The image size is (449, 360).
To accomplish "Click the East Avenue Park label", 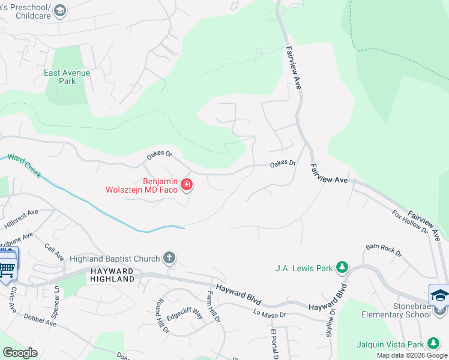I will [x=67, y=77].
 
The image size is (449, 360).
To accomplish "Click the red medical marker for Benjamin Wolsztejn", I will [x=187, y=184].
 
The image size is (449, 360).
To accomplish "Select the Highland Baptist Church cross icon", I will [x=169, y=259].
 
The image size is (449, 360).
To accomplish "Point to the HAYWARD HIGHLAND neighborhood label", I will [x=112, y=275].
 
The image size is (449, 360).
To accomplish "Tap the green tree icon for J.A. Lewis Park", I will [x=342, y=267].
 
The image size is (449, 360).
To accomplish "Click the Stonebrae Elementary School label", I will [x=396, y=310].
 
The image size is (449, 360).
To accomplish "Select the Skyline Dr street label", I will [x=331, y=323].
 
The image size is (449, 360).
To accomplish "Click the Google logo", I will [x=20, y=353].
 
